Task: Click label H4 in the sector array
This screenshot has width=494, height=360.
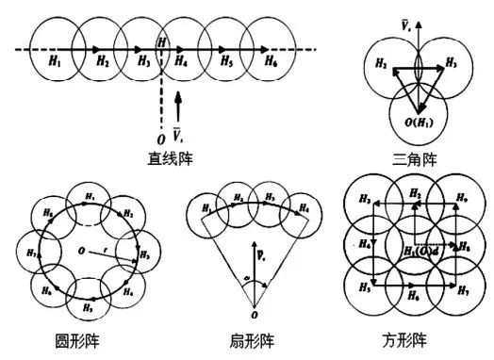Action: pyautogui.click(x=304, y=208)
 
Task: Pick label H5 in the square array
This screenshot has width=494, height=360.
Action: pyautogui.click(x=364, y=288)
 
